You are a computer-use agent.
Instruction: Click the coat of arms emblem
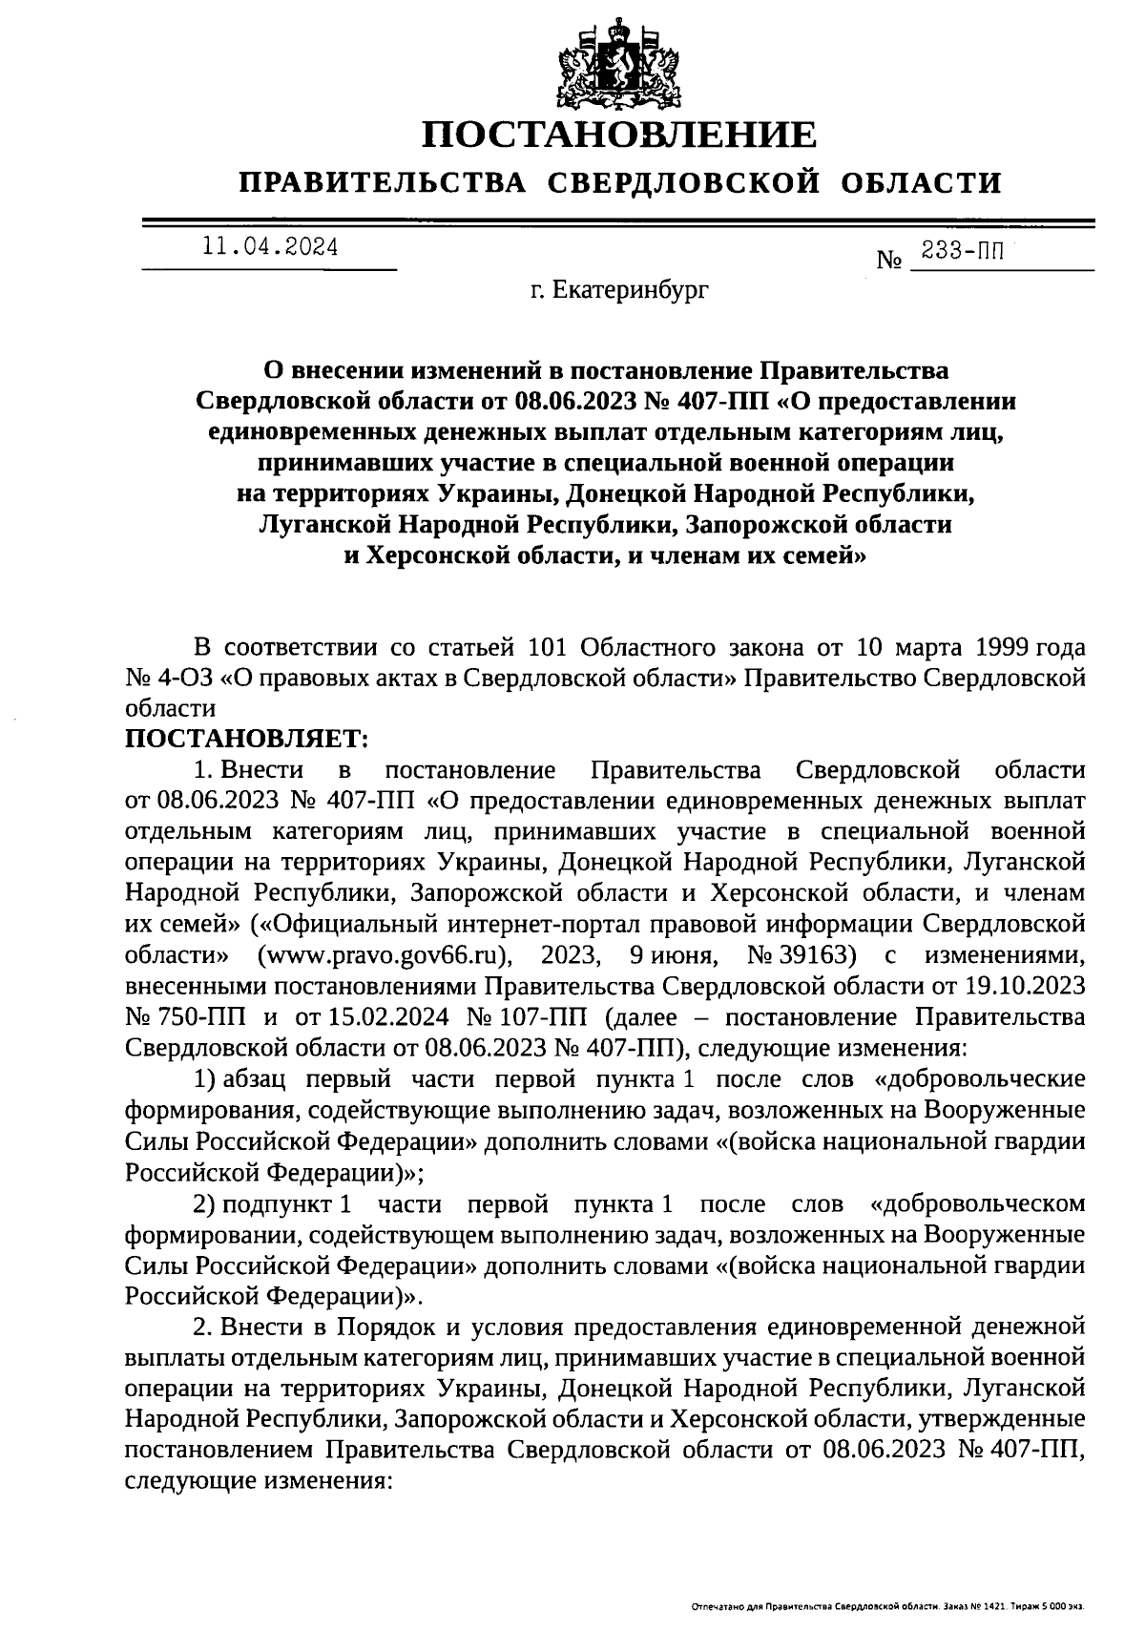click(619, 63)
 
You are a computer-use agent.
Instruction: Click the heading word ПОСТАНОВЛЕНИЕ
click(619, 135)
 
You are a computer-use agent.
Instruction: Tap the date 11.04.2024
click(269, 247)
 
